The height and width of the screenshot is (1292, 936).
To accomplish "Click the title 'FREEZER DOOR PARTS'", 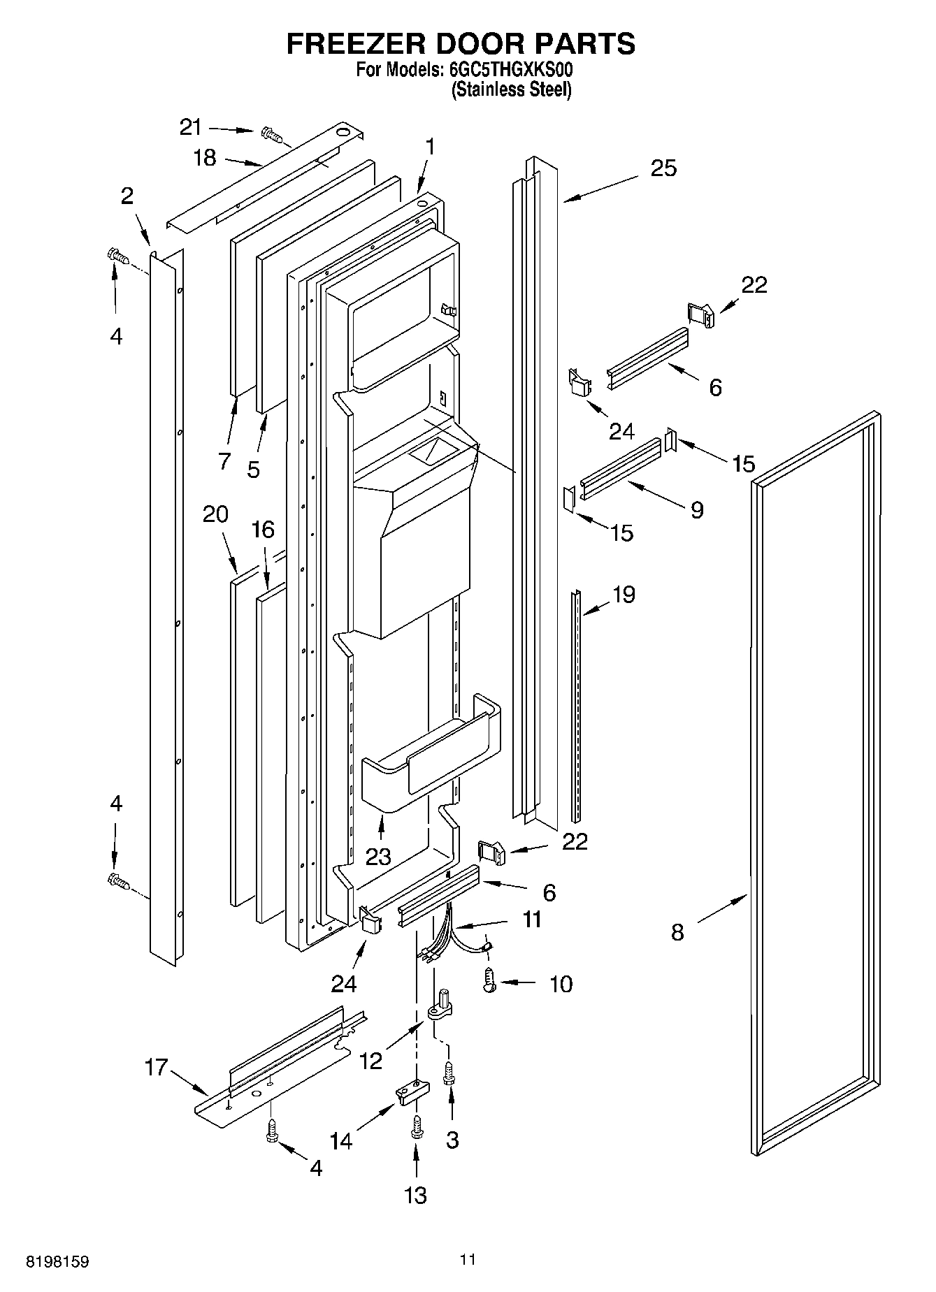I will point(461,43).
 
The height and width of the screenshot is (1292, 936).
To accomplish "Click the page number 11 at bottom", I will point(468,1260).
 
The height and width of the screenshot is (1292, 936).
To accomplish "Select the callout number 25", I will point(663,168).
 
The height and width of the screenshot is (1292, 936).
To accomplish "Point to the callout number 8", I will point(677,932).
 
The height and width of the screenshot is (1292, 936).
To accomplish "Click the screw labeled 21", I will point(271,133).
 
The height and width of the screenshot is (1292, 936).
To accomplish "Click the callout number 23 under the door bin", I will point(378,857).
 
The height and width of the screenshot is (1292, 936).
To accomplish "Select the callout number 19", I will point(624,595).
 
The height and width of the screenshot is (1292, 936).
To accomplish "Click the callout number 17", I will point(157,1067).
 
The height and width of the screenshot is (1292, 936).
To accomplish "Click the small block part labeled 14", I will point(410,1094).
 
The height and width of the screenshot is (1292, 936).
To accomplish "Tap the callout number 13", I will point(415,1195).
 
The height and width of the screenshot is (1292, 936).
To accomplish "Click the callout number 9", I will point(696,510).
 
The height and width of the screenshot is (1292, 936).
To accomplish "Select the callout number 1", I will point(431,147).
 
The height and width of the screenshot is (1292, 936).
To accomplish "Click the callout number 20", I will point(215,514).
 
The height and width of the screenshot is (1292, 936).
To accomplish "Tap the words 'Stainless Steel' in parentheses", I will point(511,89).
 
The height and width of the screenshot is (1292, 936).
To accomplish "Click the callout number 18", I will point(205,158).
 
